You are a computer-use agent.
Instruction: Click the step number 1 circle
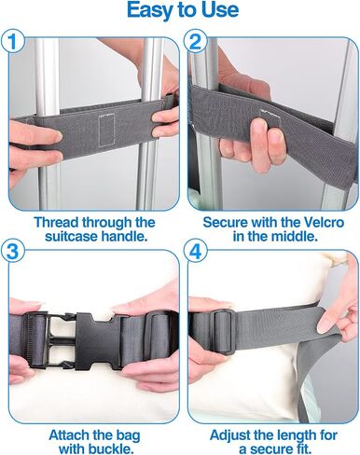tap(12, 41)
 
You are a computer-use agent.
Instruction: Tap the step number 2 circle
tap(195, 41)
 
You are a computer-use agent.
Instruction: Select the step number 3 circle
tap(12, 252)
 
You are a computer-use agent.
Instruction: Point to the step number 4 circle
tap(195, 252)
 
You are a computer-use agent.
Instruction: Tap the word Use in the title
tap(220, 10)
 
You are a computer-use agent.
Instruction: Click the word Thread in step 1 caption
tap(57, 223)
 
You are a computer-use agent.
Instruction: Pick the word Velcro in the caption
tap(324, 223)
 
